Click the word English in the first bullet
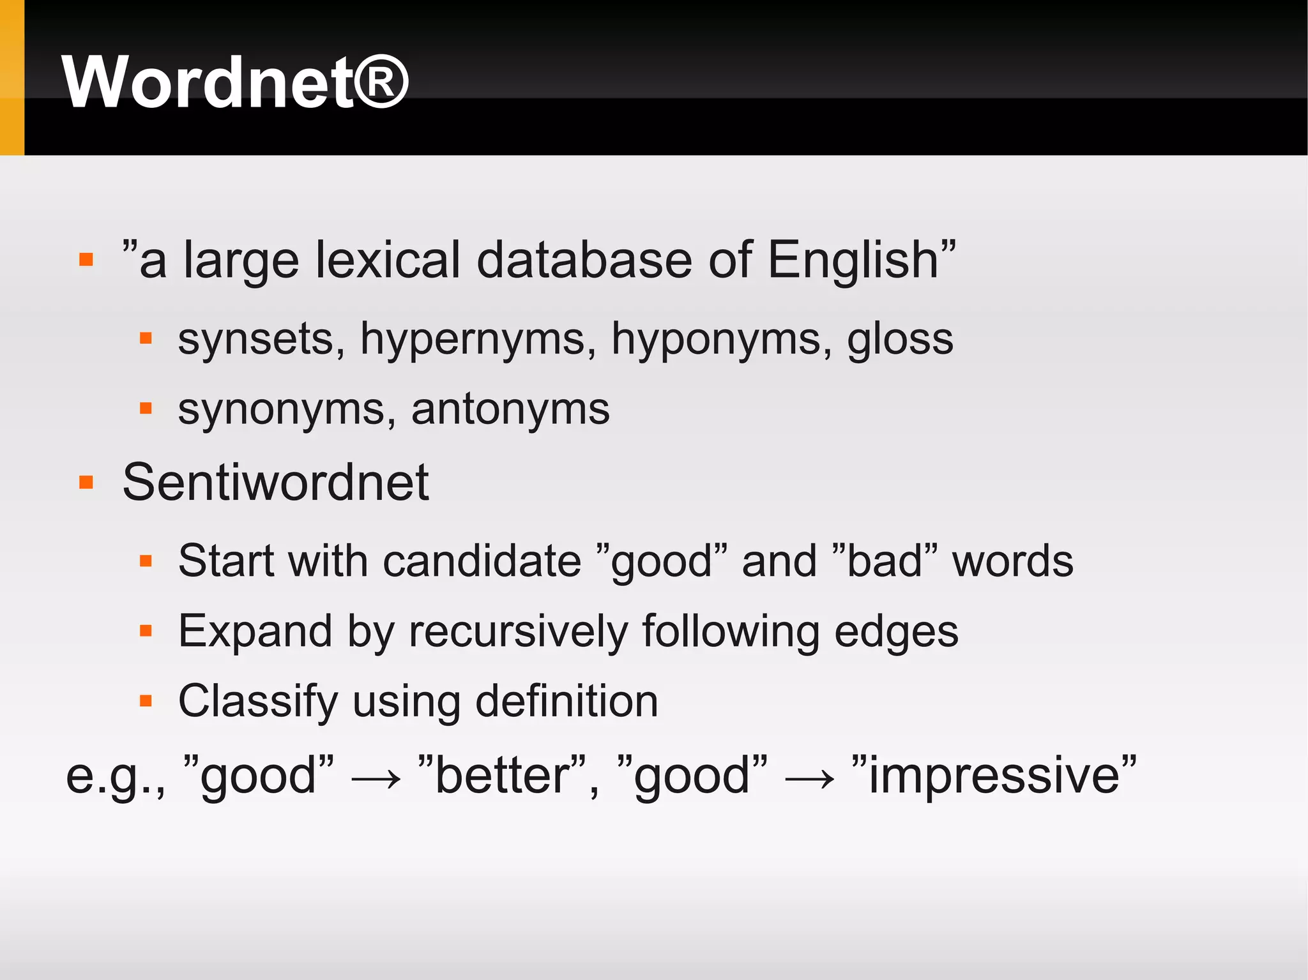coord(853,260)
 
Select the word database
coord(584,260)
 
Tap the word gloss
coord(899,339)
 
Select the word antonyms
coord(510,409)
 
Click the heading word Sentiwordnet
coord(275,482)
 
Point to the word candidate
coord(482,561)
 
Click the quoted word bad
coord(885,561)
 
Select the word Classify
coord(257,701)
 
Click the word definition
coord(567,701)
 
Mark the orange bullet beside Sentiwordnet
coord(86,482)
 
